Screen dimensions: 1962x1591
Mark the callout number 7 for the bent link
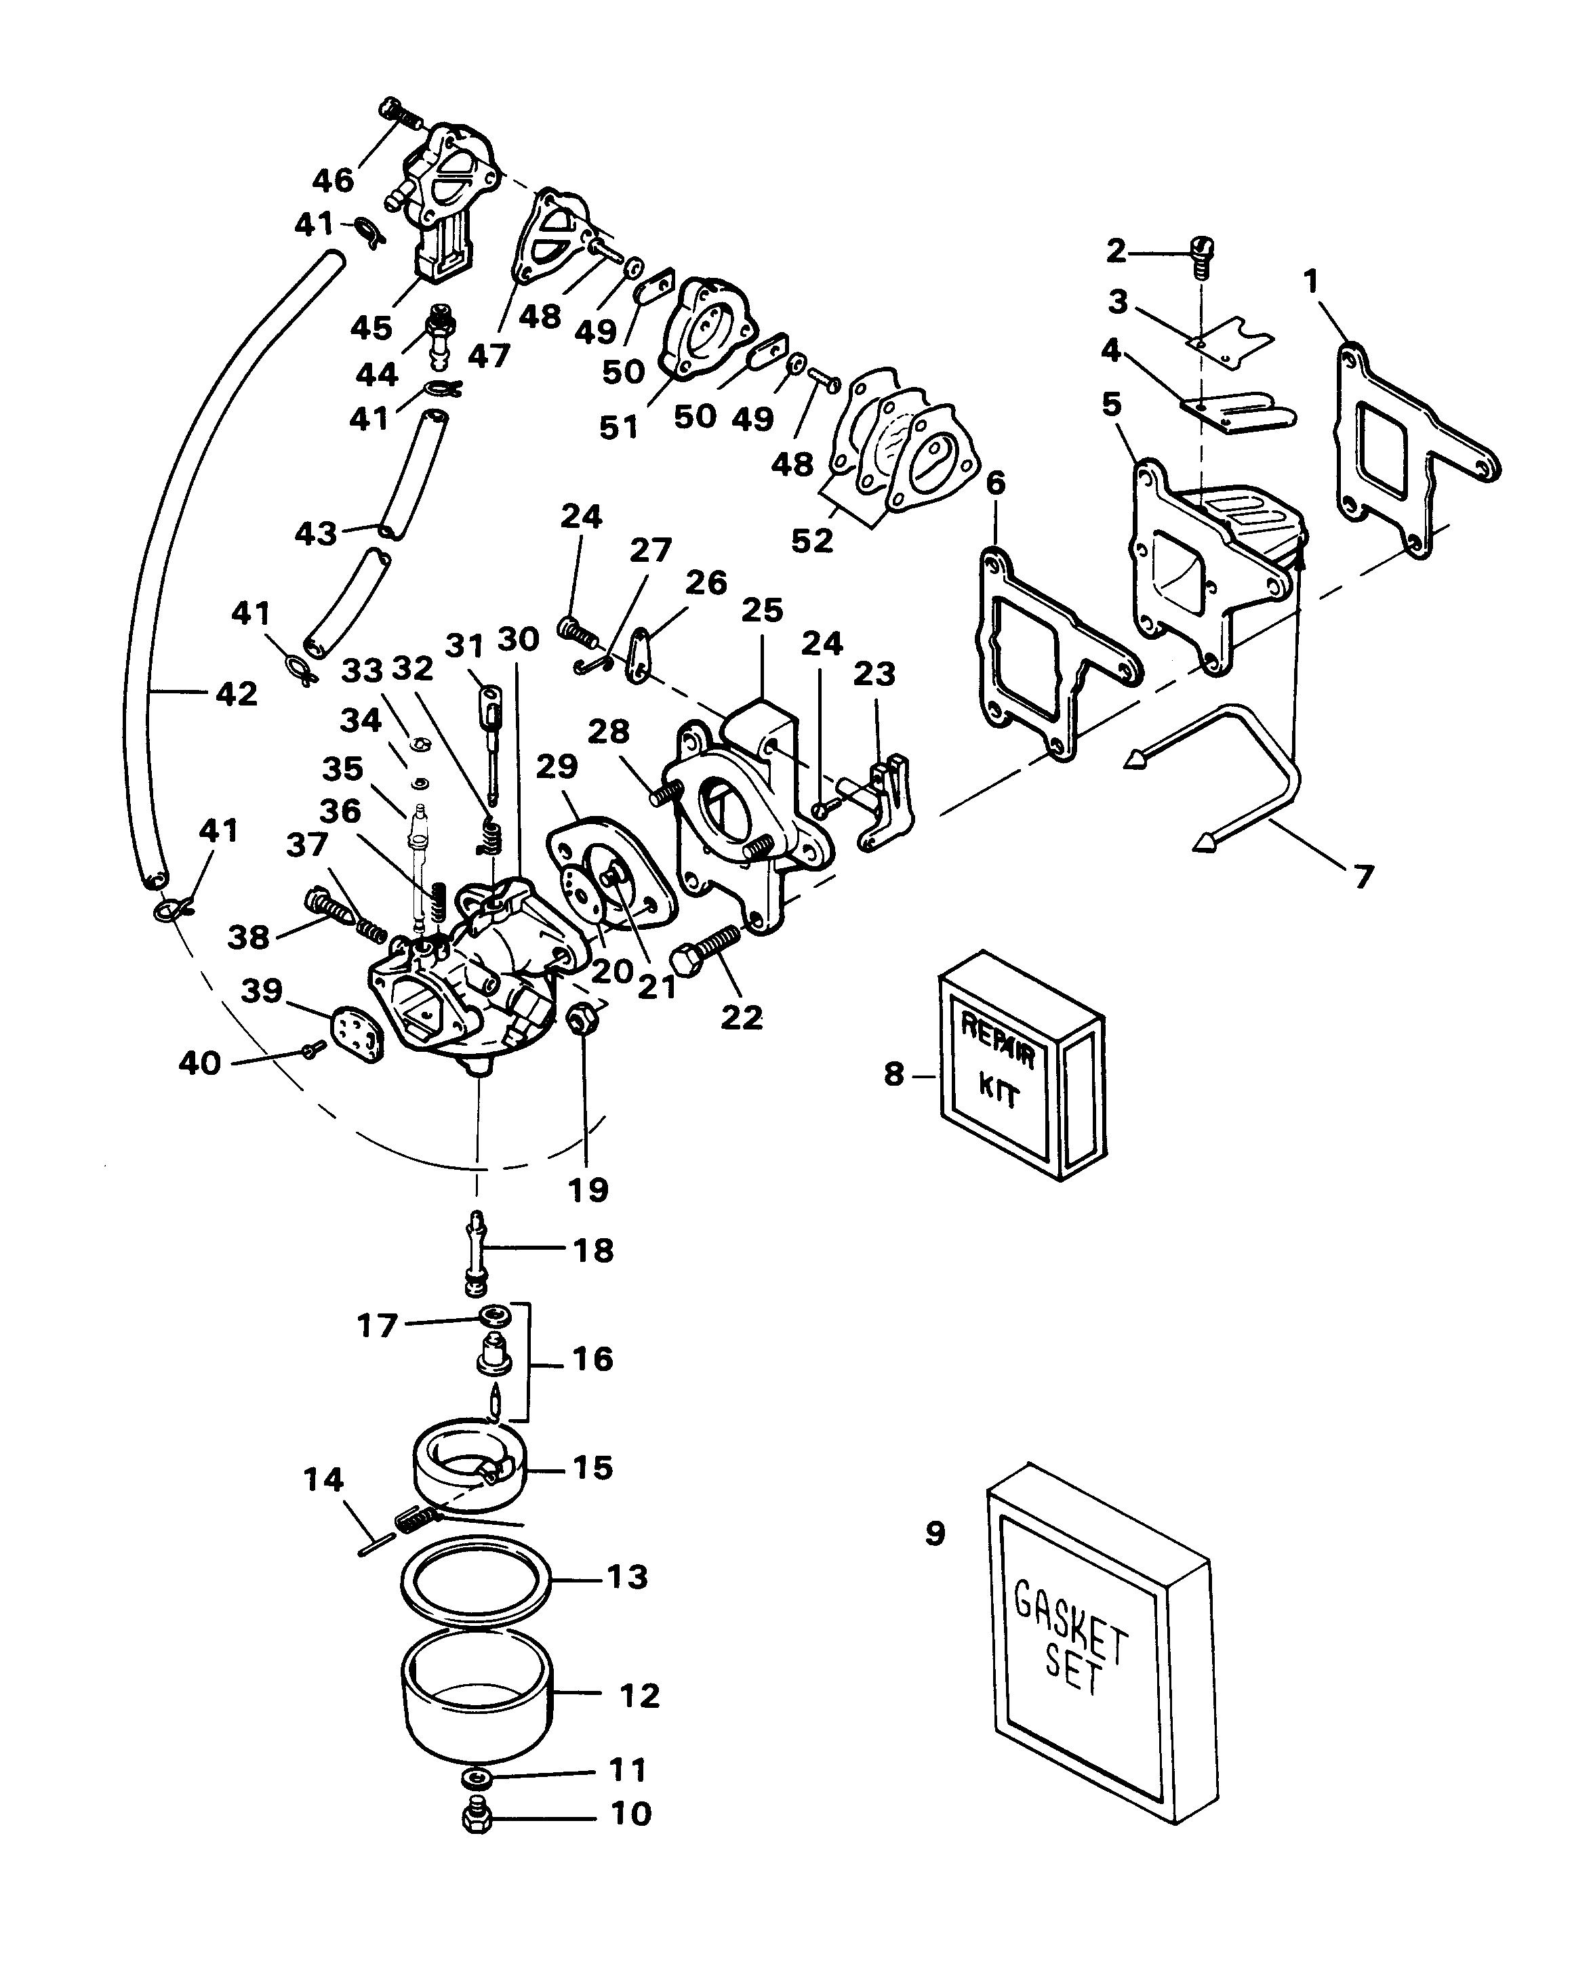[1365, 877]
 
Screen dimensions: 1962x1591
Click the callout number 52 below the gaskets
[812, 541]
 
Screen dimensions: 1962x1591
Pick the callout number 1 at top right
[1312, 281]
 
